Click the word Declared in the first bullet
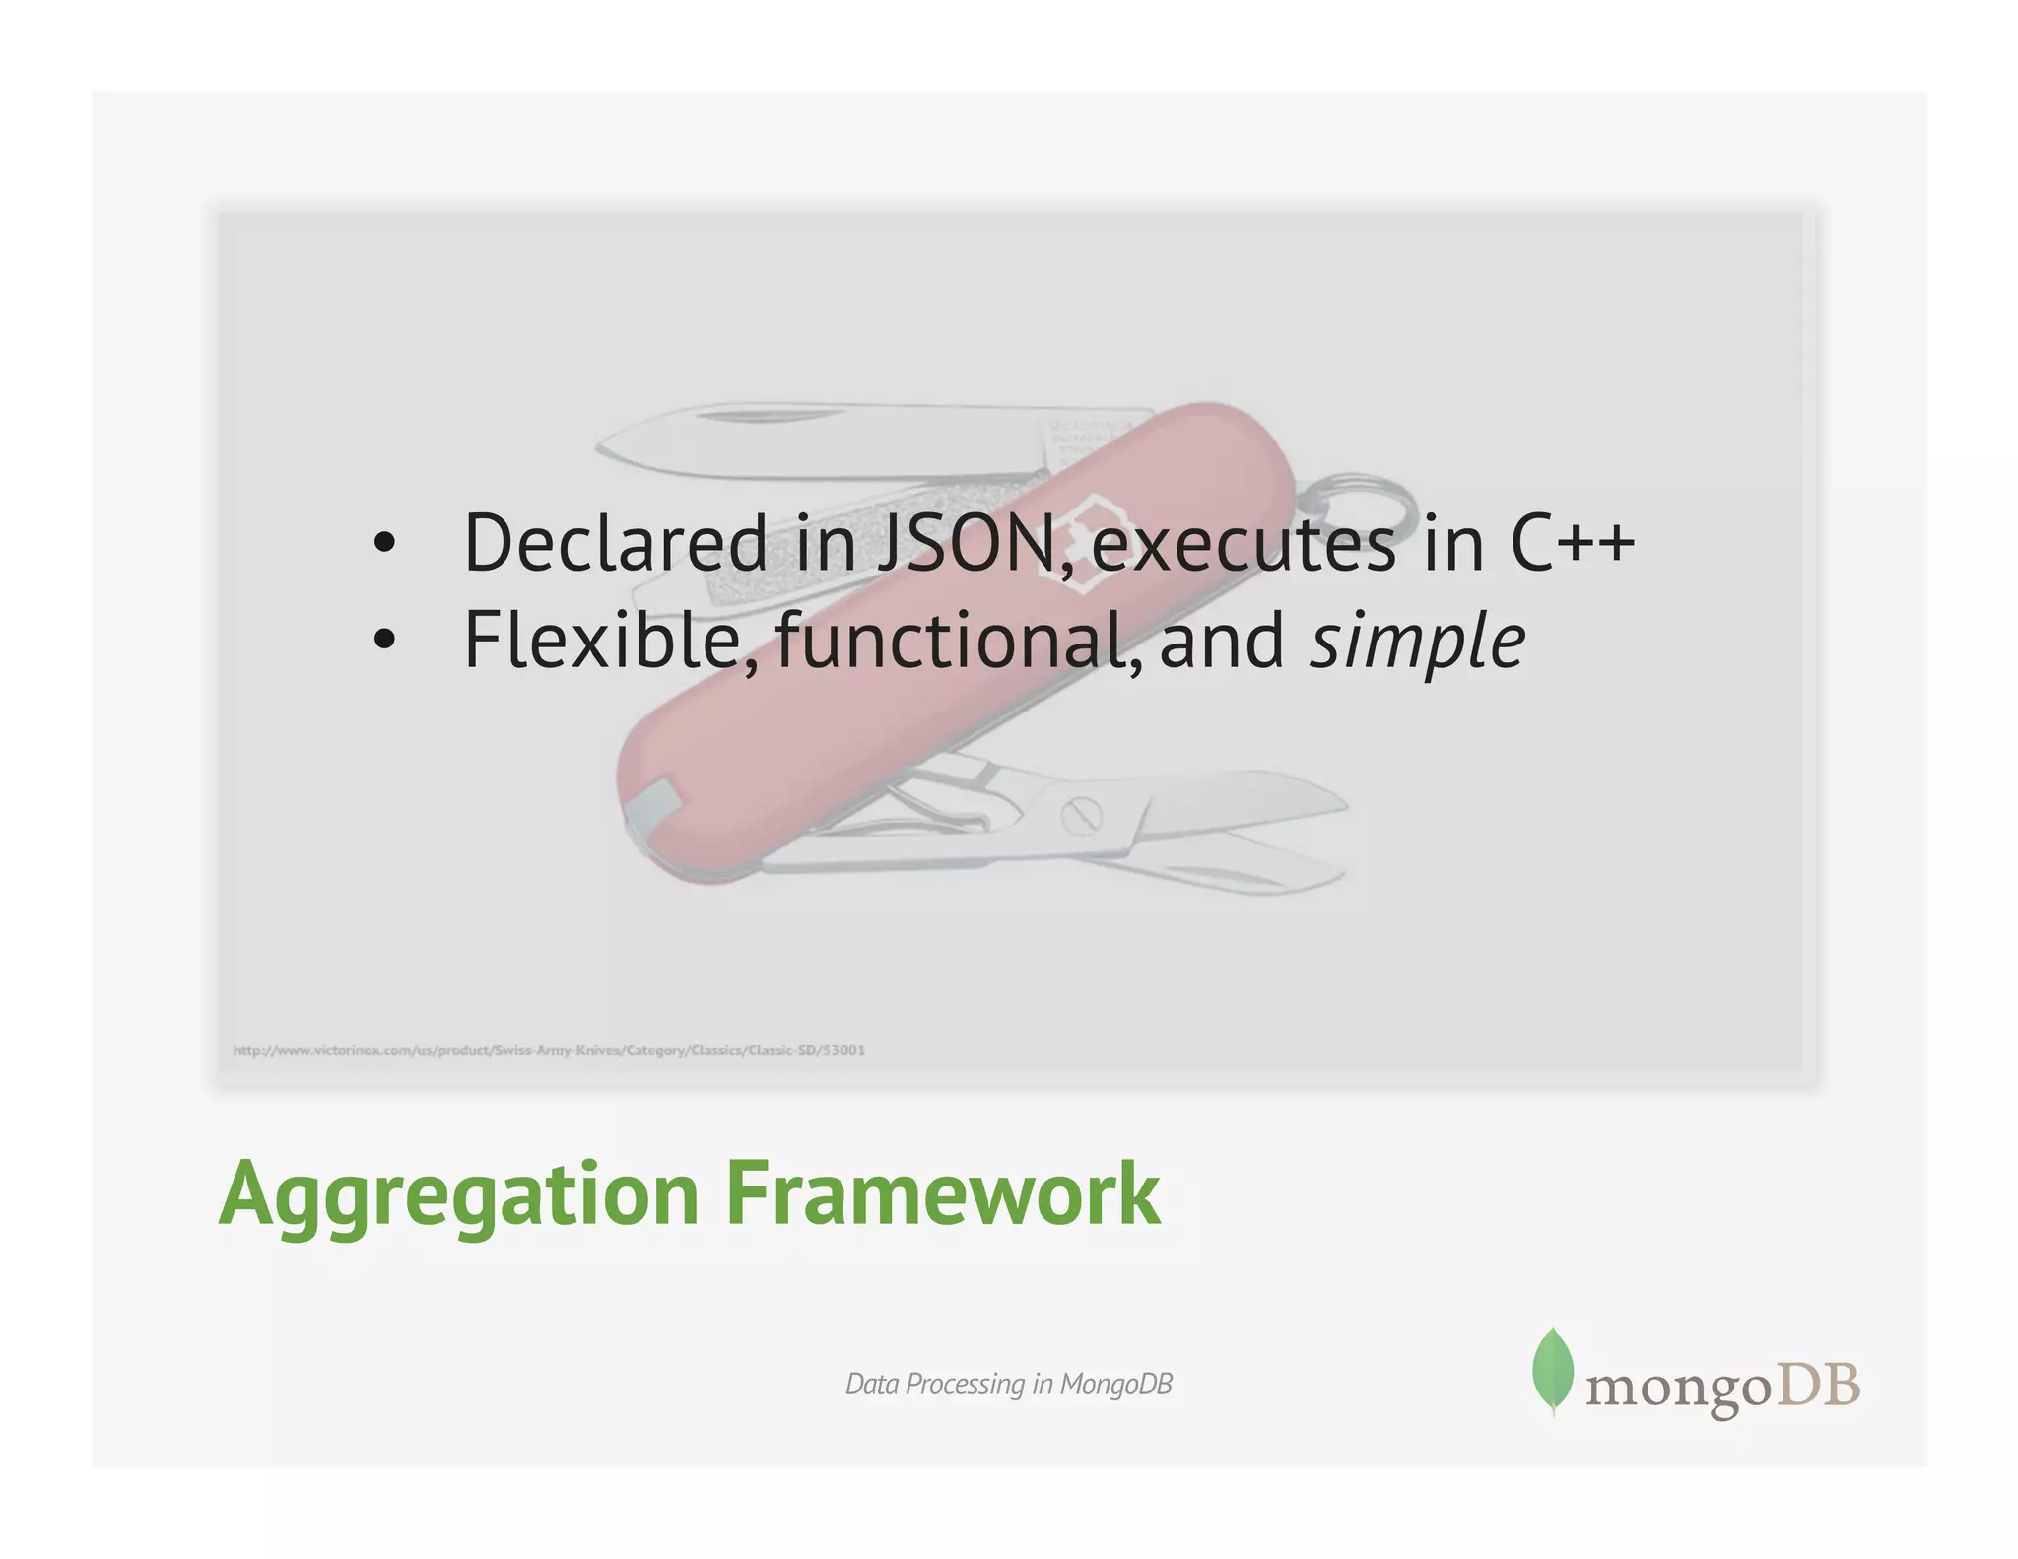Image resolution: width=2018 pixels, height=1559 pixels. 615,543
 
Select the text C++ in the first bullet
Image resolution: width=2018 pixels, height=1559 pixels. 1572,543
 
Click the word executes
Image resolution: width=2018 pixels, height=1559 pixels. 1244,545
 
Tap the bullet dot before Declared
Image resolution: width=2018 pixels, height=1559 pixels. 384,543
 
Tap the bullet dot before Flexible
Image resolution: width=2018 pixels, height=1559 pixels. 384,641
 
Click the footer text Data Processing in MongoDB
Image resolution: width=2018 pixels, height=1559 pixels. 1008,1384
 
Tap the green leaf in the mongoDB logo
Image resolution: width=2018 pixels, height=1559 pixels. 1553,1371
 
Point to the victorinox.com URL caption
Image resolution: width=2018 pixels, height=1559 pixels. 549,1051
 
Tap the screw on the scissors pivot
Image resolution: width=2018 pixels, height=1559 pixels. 1081,816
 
